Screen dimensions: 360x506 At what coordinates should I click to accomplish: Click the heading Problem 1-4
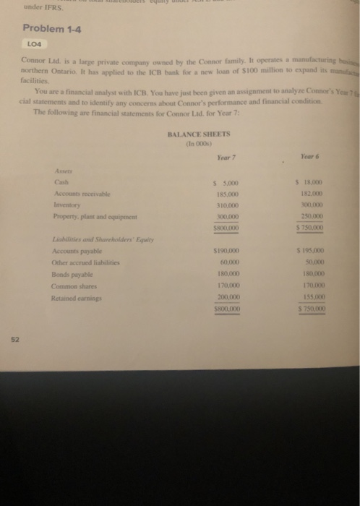51,27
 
